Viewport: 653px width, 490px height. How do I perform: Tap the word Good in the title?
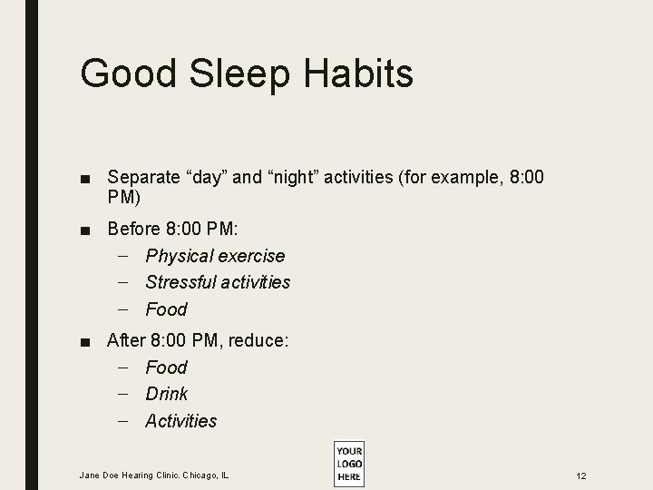point(125,72)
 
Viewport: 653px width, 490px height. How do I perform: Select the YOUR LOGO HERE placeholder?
point(348,463)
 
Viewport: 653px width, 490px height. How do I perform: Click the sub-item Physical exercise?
point(215,256)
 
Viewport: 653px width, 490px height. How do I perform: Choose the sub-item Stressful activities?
point(218,282)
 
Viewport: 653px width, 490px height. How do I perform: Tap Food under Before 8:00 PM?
point(166,309)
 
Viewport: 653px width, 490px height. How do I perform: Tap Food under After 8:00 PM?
point(166,367)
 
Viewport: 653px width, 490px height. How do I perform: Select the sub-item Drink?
point(167,394)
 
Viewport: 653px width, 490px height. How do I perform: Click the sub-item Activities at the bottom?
point(181,421)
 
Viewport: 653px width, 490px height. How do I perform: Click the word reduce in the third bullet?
point(258,340)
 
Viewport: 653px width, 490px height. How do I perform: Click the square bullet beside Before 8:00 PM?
point(83,230)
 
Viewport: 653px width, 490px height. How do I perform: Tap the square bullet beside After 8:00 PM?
point(83,341)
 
